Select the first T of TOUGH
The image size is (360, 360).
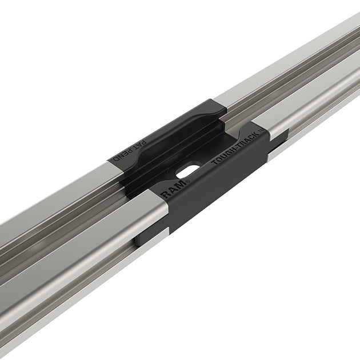(x=214, y=165)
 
